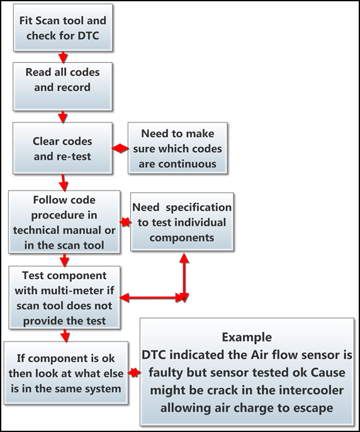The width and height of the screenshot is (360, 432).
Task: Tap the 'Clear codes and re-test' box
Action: click(62, 148)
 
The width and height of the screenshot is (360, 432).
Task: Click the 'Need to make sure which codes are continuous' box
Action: click(177, 148)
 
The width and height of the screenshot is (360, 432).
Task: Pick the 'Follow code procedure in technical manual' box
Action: click(65, 223)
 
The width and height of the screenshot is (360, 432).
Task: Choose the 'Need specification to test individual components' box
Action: click(181, 223)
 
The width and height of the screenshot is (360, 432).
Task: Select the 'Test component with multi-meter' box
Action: click(64, 297)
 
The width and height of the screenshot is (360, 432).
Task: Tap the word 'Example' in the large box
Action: click(247, 337)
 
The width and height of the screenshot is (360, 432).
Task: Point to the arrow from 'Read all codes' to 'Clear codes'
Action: click(62, 115)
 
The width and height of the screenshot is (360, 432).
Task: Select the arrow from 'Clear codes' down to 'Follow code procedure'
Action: click(63, 185)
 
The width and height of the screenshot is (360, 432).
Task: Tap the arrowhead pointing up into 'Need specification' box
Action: click(184, 258)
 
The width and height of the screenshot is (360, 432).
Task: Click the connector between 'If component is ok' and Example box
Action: click(133, 372)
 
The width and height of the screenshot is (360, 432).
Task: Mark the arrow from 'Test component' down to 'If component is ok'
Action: click(64, 335)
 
